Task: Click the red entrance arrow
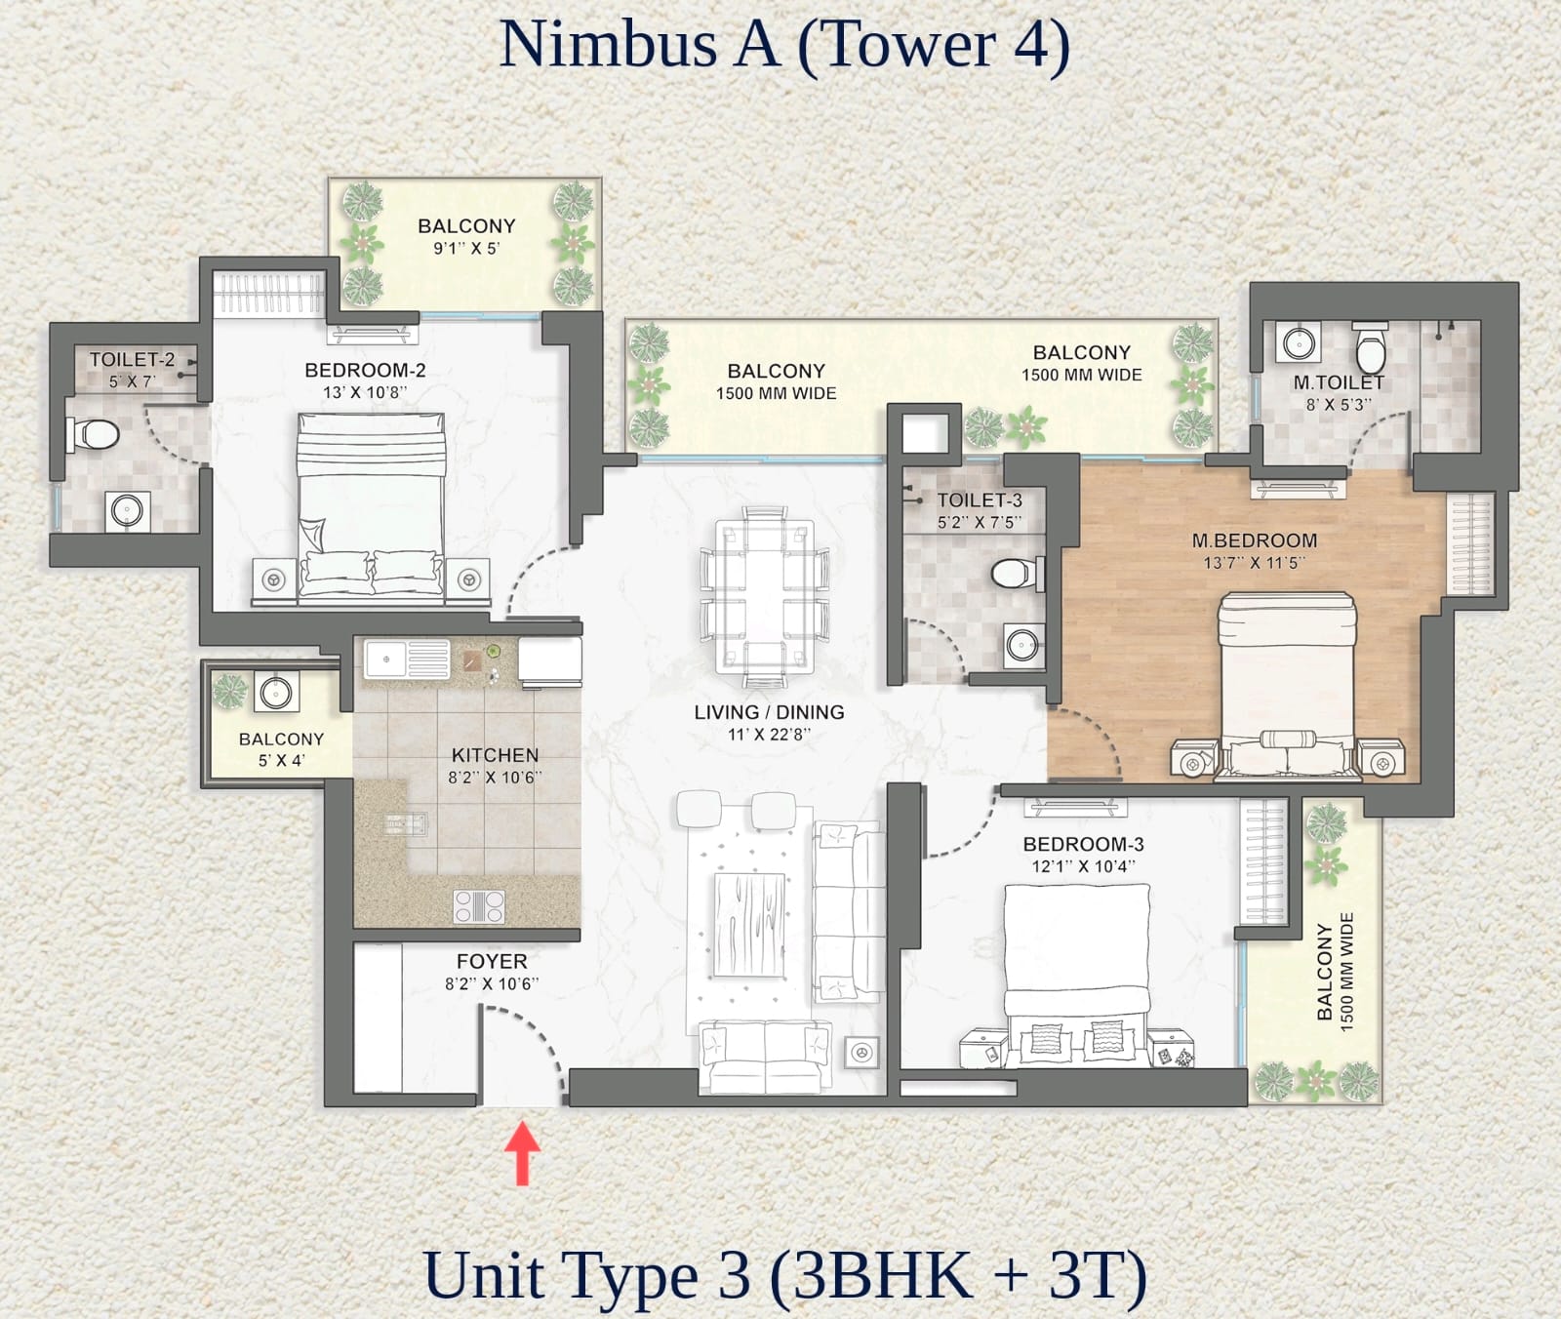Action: coord(523,1153)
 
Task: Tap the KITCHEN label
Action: coord(495,755)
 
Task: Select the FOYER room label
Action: coord(492,962)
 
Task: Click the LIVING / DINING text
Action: coord(769,712)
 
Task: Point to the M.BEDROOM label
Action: coord(1254,540)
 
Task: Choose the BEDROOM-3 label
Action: coord(1083,844)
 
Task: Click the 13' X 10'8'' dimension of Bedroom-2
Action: coord(365,392)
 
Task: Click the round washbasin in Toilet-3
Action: coord(1022,645)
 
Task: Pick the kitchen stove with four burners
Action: coord(479,906)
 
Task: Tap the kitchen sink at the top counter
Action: coord(407,659)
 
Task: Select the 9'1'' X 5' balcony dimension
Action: coord(466,249)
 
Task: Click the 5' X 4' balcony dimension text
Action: coord(281,761)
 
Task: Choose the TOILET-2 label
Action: coord(133,360)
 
